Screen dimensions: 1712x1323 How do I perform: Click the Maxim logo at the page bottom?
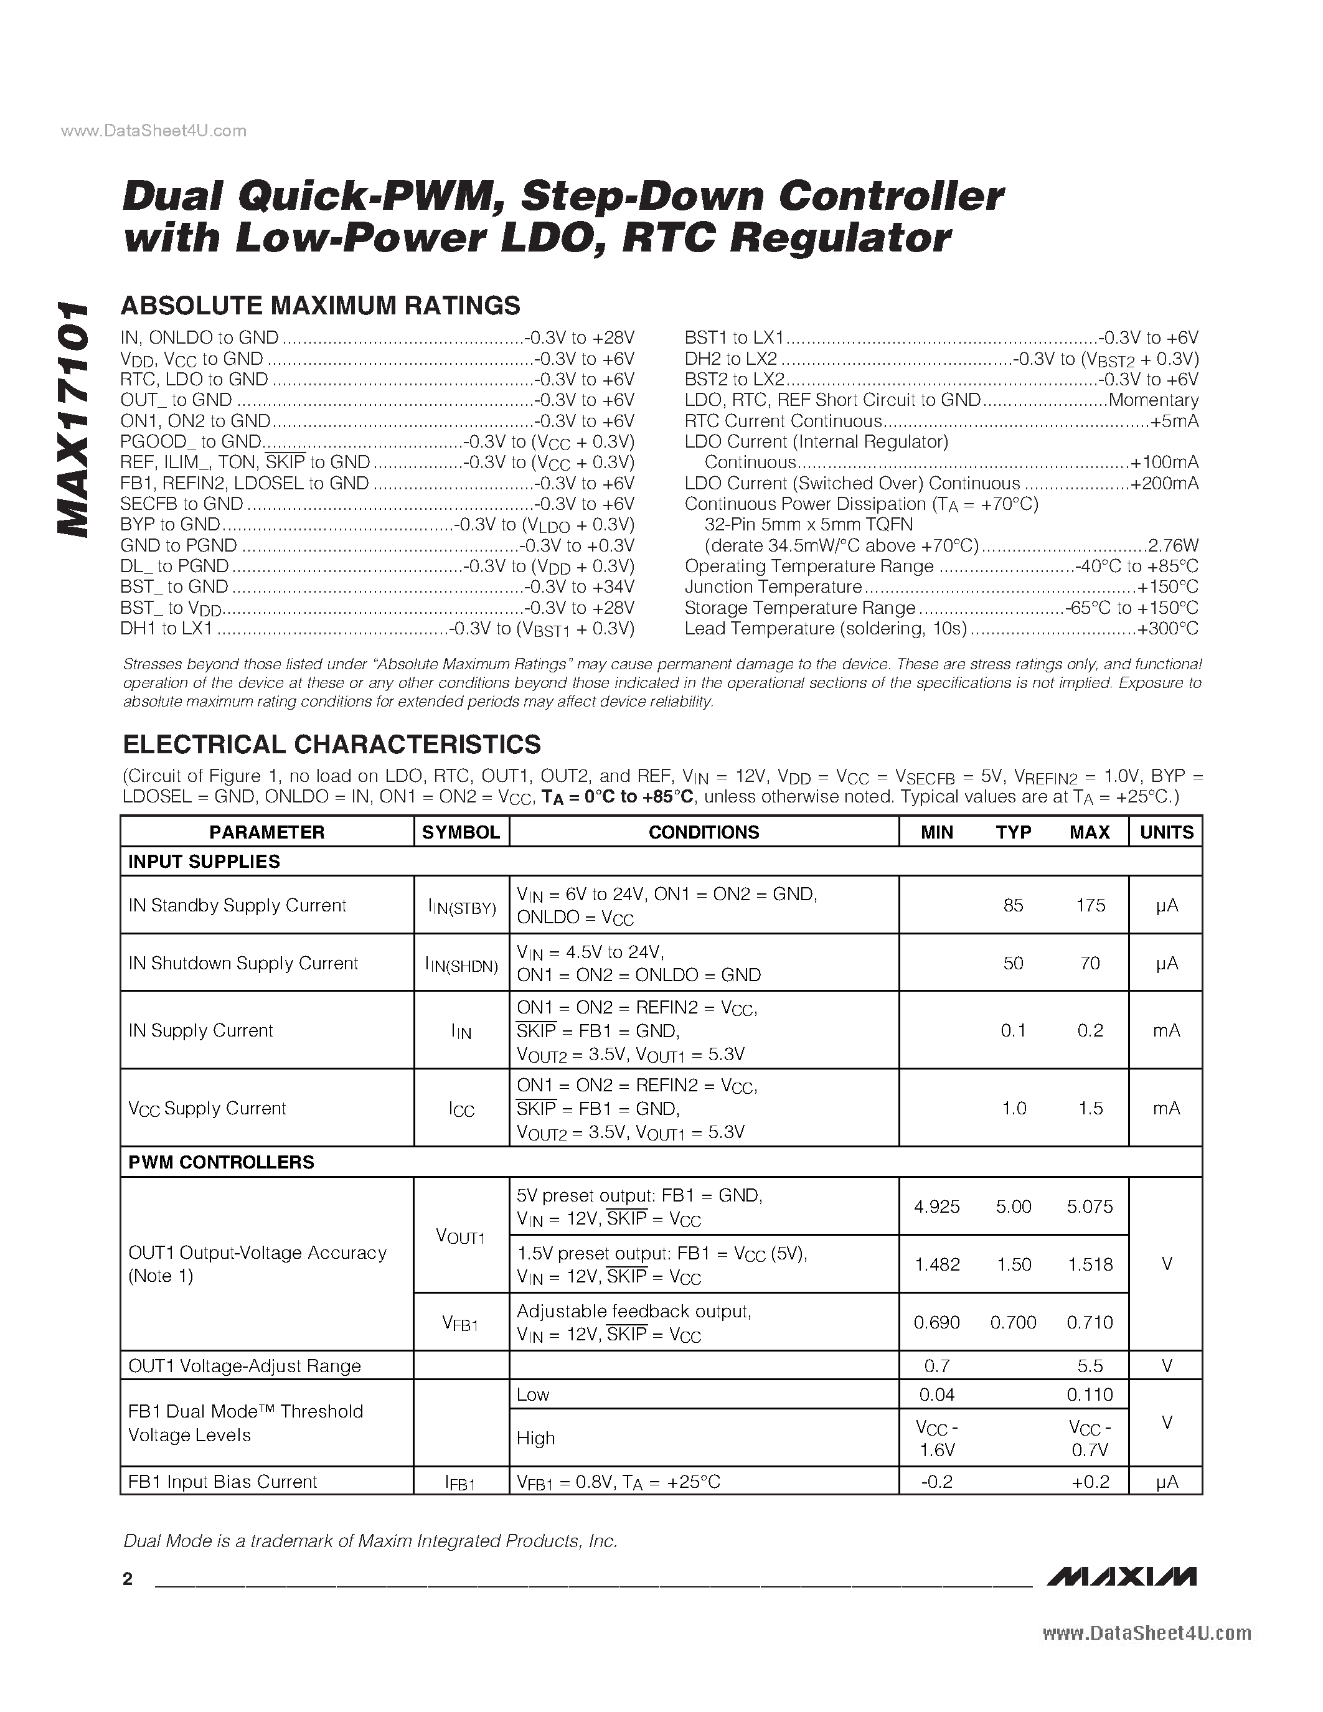point(1121,1576)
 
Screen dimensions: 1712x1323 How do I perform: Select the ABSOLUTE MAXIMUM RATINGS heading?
point(321,306)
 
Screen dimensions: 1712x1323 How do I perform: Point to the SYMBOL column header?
point(461,832)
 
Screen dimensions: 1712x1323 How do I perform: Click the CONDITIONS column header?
point(703,832)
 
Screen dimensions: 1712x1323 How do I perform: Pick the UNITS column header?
point(1166,832)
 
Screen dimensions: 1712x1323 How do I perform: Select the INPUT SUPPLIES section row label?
point(204,862)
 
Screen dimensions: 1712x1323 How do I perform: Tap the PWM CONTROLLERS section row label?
point(221,1162)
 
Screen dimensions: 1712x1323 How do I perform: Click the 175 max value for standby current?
point(1090,905)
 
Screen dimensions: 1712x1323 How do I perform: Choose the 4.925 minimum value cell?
point(936,1206)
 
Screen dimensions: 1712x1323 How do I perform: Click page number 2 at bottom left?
point(128,1579)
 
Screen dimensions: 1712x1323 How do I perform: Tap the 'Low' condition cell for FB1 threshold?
point(533,1395)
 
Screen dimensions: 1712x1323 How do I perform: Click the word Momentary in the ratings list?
point(1153,400)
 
